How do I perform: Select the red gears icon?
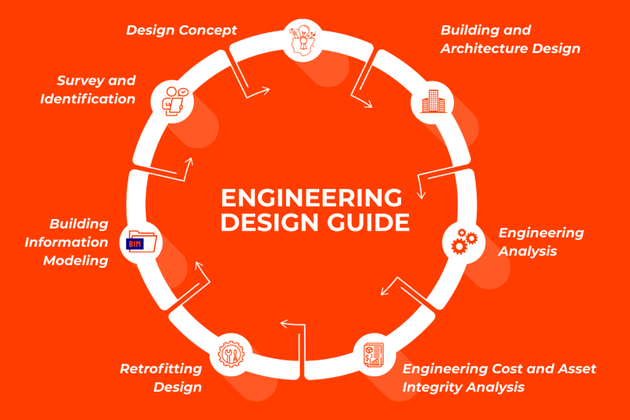point(463,241)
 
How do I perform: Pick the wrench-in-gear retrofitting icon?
point(231,355)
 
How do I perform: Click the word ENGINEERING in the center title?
point(311,199)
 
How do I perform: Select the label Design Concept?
point(181,30)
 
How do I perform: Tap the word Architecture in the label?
point(478,49)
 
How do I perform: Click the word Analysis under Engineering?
point(528,251)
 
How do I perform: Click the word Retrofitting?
point(161,369)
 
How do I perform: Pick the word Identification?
point(88,98)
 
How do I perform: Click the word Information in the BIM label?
point(66,242)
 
